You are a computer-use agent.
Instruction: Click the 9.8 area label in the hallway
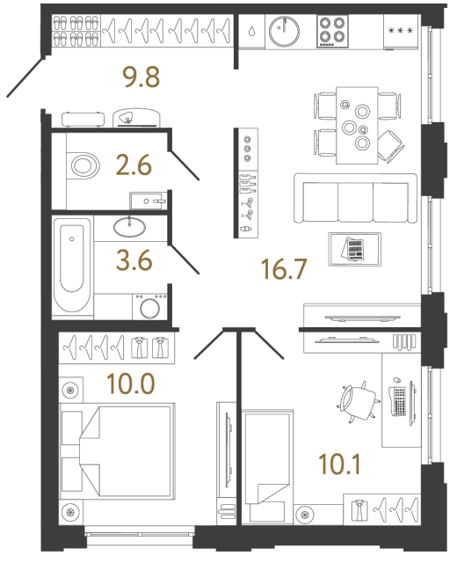pyautogui.click(x=141, y=78)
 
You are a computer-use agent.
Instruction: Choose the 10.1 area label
pyautogui.click(x=342, y=462)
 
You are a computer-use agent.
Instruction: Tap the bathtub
pyautogui.click(x=71, y=267)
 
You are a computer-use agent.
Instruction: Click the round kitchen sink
pyautogui.click(x=285, y=33)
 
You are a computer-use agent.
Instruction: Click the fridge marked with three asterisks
pyautogui.click(x=401, y=33)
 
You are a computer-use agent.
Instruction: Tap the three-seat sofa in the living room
pyautogui.click(x=355, y=198)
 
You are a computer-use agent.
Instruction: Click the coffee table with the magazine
pyautogui.click(x=354, y=249)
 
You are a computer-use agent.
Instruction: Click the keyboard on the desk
pyautogui.click(x=399, y=402)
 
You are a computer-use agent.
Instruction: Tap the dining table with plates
pyautogui.click(x=359, y=122)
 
